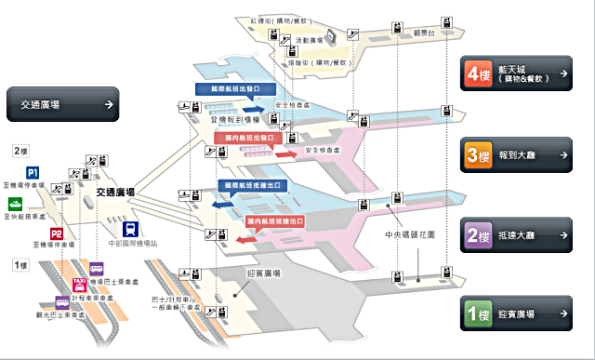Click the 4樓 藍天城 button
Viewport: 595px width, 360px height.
point(517,74)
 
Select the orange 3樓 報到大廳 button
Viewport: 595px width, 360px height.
point(517,155)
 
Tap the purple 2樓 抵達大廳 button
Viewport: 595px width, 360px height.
point(517,235)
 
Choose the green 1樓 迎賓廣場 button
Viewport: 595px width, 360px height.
point(517,313)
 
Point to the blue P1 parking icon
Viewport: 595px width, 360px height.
point(33,173)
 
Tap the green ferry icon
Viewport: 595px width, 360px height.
point(16,203)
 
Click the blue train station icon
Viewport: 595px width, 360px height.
point(135,228)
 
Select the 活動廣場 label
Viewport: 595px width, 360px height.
point(310,41)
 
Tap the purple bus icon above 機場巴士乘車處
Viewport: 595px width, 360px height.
point(97,268)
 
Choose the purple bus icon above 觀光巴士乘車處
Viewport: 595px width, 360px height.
point(62,302)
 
